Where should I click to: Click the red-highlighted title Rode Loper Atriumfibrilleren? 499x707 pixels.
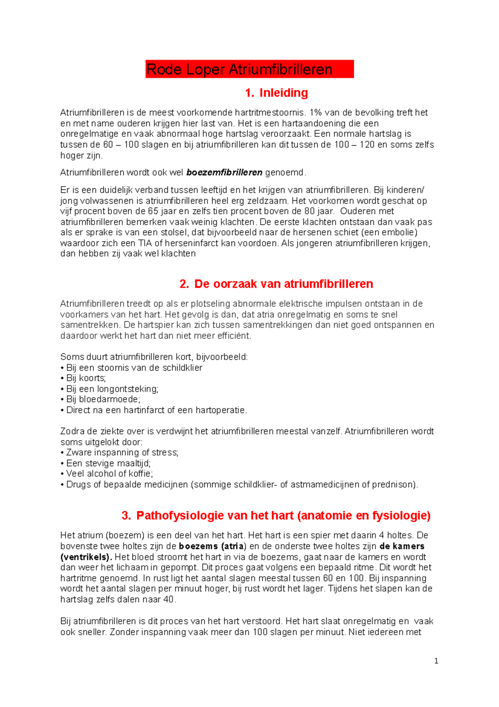(x=240, y=69)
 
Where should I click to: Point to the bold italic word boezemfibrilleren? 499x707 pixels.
(x=225, y=172)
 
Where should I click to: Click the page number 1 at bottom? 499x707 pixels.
(x=436, y=661)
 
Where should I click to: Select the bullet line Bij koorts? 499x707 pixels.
(x=86, y=378)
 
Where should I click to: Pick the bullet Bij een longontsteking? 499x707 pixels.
(x=112, y=389)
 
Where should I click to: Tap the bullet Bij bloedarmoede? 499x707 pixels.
(x=103, y=399)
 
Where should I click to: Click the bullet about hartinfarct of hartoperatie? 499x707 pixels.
(x=156, y=410)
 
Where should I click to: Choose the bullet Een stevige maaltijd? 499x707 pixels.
(x=108, y=463)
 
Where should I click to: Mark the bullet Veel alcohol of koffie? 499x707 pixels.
(x=109, y=473)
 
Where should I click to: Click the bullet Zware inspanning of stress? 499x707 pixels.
(x=122, y=453)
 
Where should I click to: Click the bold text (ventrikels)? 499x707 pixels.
(x=86, y=557)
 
